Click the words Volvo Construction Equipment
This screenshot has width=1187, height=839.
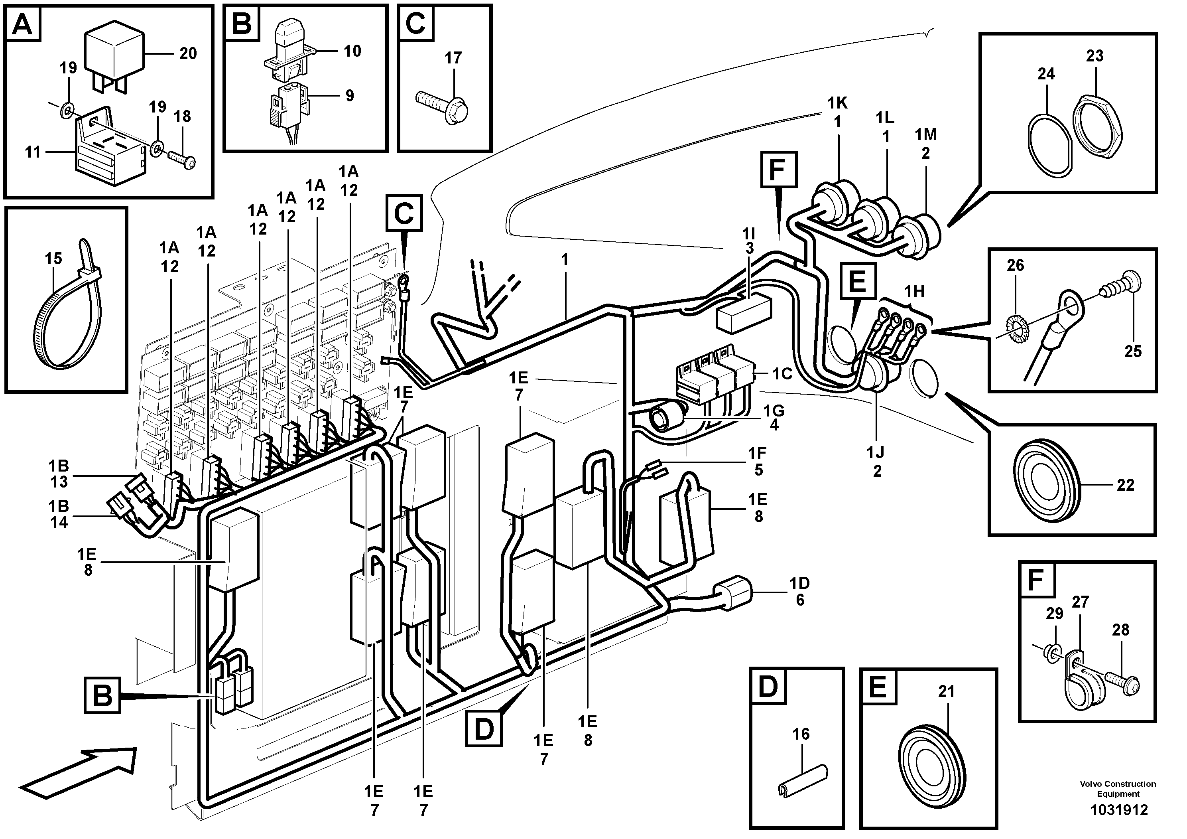(1118, 789)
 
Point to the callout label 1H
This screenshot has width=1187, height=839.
(914, 291)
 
